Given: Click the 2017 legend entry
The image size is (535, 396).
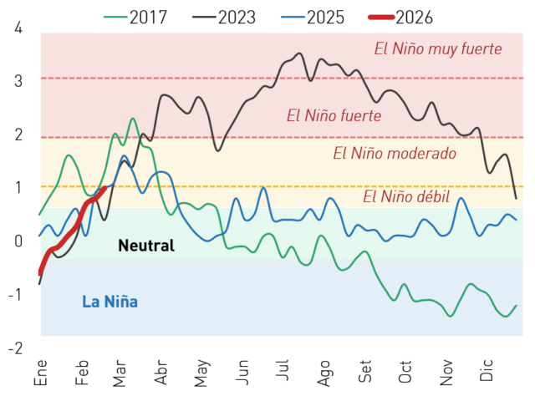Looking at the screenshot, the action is (135, 17).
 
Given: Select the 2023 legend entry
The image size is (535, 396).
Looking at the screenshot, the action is (224, 17).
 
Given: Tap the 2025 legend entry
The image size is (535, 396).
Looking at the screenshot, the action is (313, 17).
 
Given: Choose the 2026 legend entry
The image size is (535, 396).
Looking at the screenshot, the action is (400, 17).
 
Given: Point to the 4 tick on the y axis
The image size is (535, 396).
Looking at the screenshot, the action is (18, 28).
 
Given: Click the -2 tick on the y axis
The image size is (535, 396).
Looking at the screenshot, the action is (15, 348).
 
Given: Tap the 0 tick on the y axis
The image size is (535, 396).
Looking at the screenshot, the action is (18, 241).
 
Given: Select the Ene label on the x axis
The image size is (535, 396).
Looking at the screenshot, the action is (41, 372).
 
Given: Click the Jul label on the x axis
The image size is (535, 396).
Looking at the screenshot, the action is (283, 370).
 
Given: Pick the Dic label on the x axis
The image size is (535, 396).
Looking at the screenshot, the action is (487, 370).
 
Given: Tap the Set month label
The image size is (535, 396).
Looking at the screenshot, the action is (364, 371).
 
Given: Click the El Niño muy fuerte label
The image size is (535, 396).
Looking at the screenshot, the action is (438, 48).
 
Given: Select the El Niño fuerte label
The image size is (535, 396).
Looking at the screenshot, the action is (334, 115).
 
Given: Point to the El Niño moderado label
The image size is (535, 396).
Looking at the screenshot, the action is (395, 153).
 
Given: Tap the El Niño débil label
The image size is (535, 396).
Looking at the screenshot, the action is (406, 196).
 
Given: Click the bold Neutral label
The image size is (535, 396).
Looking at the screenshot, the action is (146, 246).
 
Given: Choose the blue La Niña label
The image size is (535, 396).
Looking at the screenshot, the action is (110, 302).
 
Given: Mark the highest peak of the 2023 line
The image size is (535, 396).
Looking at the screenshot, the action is (300, 53).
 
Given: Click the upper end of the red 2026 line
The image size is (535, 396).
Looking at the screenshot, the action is (104, 188).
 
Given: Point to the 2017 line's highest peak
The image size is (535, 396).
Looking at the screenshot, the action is (133, 119).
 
